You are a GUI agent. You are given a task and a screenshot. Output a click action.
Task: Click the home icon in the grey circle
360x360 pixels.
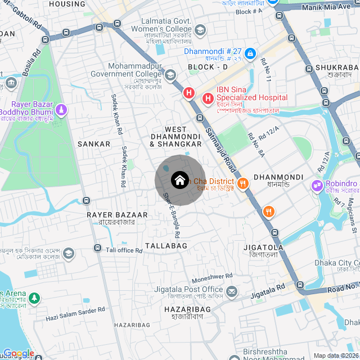179,181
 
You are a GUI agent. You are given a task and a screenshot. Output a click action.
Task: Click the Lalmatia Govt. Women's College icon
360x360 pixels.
200,29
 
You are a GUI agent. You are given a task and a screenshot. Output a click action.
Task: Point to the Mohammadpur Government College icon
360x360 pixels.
170,74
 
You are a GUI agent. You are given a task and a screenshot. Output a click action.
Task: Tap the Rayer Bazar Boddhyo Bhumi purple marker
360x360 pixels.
61,109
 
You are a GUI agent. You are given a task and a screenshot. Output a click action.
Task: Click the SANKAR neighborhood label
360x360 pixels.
94,144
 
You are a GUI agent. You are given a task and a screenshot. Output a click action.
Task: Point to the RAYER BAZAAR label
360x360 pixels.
117,215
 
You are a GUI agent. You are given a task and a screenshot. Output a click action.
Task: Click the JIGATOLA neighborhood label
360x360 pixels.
263,247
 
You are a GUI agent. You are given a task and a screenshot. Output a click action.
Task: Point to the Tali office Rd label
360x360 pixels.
124,250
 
